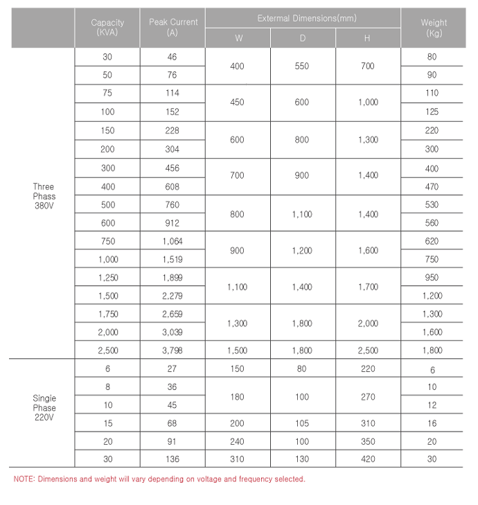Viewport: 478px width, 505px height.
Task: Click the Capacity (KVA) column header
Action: (x=107, y=28)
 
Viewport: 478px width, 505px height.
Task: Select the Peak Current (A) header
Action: (x=172, y=28)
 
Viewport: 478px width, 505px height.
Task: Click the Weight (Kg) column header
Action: (x=434, y=28)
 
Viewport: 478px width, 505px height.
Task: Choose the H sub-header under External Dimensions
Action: (x=367, y=39)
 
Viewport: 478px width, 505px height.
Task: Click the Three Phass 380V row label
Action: (x=43, y=196)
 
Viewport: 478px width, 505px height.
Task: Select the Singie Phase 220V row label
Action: (x=44, y=408)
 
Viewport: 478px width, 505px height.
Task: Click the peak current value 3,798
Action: (x=172, y=351)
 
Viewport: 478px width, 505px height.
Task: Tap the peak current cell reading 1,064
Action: (x=172, y=241)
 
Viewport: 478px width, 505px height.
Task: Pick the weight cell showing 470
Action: (x=432, y=187)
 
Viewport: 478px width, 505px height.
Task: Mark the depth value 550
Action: (x=302, y=66)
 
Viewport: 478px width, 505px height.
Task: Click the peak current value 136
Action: (x=172, y=459)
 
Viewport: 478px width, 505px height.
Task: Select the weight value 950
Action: (x=432, y=278)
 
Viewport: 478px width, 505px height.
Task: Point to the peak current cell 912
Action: (x=172, y=223)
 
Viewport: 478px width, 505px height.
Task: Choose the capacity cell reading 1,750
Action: (x=107, y=314)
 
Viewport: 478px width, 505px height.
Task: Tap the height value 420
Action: (x=368, y=459)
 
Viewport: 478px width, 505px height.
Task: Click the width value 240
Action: (x=237, y=441)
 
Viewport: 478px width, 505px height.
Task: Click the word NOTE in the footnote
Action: (x=24, y=479)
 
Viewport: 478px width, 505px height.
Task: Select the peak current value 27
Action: (x=172, y=369)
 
